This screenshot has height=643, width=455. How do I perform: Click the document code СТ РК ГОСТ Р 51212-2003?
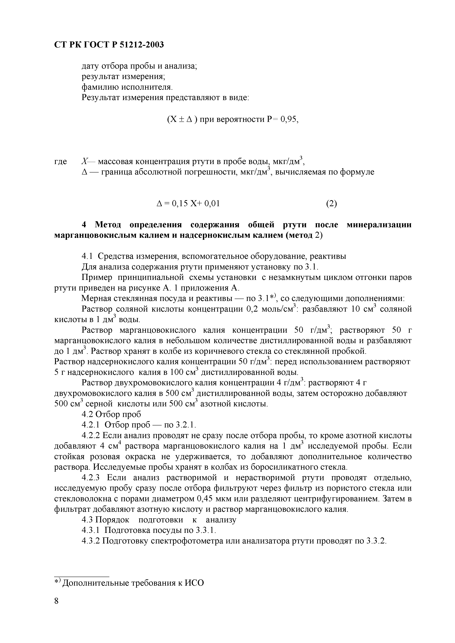pyautogui.click(x=109, y=45)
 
